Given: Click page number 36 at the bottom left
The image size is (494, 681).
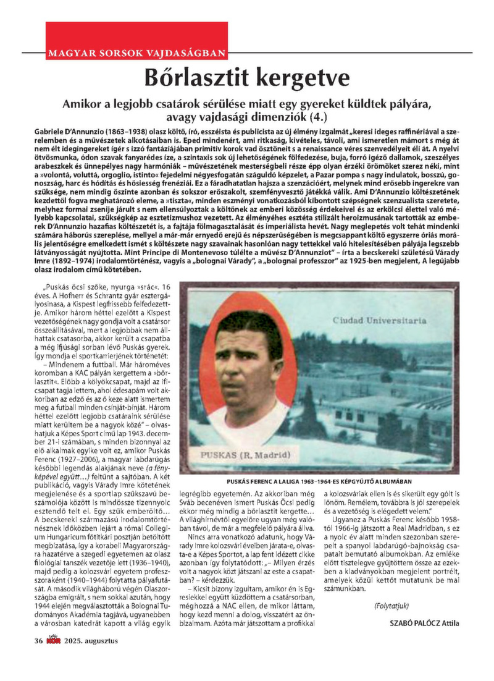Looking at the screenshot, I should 38,641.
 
